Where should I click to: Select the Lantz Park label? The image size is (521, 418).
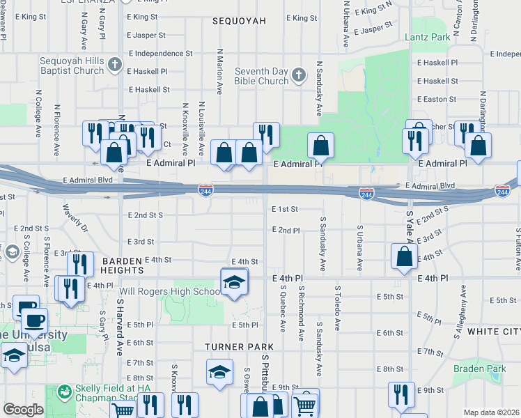pos(428,37)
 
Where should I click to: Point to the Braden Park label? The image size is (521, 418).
pos(479,369)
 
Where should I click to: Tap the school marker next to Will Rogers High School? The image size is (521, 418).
pos(234,282)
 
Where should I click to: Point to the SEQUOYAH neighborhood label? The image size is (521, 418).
pos(239,21)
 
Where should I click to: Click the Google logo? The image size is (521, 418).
pos(23,410)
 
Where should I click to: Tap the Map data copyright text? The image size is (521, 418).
pos(491,412)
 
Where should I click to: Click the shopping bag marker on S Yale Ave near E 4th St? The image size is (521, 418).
pos(404,257)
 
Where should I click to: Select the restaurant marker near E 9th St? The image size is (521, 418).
pos(401,394)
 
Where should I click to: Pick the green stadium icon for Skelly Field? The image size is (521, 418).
pos(64,393)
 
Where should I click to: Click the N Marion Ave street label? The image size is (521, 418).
pos(220,72)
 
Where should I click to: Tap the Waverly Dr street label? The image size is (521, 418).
pos(75,217)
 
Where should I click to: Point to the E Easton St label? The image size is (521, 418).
pos(437,99)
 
